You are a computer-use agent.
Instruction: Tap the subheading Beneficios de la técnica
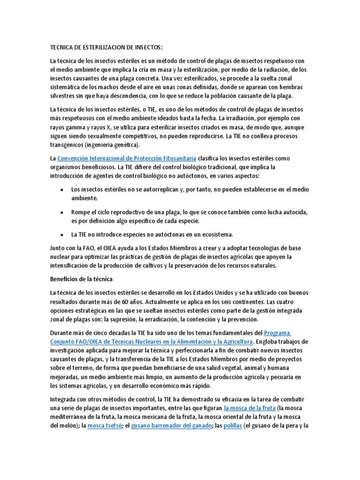point(82,279)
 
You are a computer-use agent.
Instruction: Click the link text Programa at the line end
point(278,332)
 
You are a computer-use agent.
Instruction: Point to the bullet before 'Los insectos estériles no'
point(63,189)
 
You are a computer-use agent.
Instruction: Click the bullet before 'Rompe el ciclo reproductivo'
point(63,212)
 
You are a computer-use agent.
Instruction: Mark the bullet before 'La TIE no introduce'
point(63,234)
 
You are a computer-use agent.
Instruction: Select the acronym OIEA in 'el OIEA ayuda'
point(117,248)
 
